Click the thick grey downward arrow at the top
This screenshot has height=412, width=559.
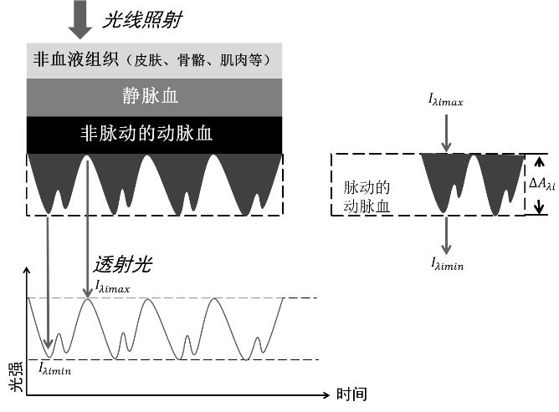coord(80,19)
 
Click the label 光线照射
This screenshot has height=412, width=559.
coord(142,19)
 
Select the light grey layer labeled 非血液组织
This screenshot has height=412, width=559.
coord(154,60)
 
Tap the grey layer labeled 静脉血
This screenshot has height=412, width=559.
coord(154,97)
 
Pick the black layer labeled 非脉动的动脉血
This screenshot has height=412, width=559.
coord(154,135)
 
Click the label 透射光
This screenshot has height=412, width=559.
coord(123,265)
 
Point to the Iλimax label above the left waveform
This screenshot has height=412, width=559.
coord(112,287)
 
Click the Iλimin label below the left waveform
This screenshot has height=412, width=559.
coord(54,369)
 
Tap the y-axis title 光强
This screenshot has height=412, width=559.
coord(16,376)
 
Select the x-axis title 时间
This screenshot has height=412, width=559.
coord(351,394)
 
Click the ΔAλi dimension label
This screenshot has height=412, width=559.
coord(542,184)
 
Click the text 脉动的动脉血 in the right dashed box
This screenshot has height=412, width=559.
coord(367,197)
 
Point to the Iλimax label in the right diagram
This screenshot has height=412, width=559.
coord(446,99)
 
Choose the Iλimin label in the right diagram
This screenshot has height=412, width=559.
coord(448,264)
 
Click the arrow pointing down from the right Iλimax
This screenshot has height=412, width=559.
coord(446,133)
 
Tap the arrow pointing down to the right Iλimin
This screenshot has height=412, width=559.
coord(446,236)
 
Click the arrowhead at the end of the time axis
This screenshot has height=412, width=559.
coord(326,395)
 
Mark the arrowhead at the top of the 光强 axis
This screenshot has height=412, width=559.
coord(27,271)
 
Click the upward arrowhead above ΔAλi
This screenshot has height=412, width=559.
coord(540,162)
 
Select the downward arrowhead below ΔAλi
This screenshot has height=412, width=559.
coord(540,206)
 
